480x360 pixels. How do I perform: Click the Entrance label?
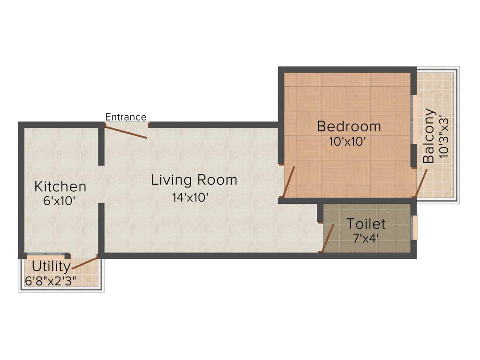(126, 117)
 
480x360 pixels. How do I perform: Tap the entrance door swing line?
(126, 131)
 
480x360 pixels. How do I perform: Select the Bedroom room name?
(349, 126)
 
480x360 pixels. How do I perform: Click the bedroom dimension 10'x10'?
(347, 141)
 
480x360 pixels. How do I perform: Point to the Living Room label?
(194, 180)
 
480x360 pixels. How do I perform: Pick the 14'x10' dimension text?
(190, 197)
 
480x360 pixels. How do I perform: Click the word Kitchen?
(60, 187)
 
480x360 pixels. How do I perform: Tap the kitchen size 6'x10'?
(59, 202)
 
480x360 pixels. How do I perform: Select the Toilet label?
(366, 224)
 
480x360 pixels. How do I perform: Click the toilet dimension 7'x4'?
(366, 238)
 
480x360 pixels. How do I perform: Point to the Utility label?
(51, 267)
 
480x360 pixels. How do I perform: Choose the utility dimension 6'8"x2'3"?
(51, 281)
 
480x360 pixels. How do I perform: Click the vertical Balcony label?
(428, 136)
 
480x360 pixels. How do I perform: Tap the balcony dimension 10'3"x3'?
(443, 136)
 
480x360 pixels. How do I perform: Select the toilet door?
(328, 238)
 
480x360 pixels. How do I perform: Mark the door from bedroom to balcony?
(421, 183)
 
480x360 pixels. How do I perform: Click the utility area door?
(85, 262)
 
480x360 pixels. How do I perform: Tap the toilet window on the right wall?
(415, 228)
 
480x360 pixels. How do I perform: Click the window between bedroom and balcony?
(414, 120)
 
